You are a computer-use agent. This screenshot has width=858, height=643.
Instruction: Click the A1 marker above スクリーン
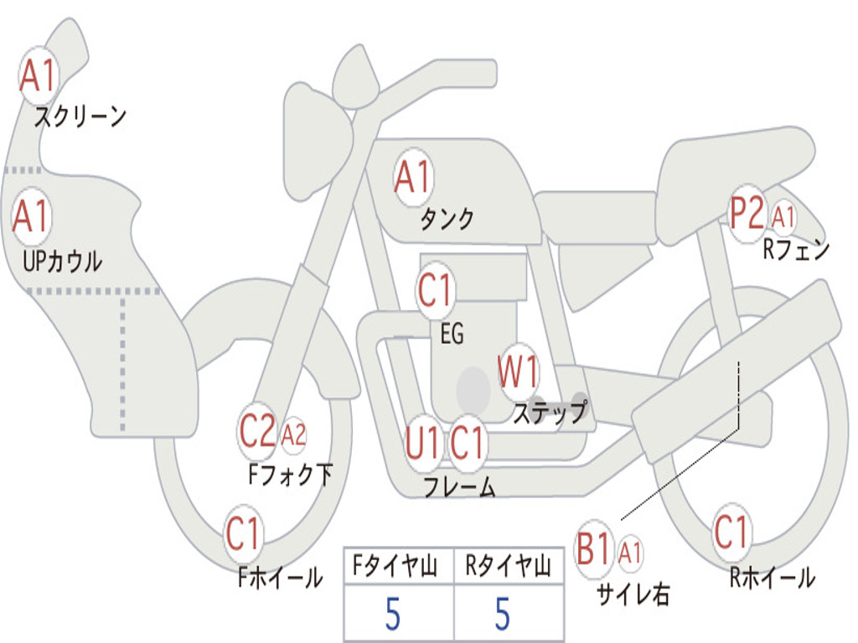(x=37, y=76)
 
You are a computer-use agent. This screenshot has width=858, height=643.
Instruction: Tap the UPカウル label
(x=62, y=261)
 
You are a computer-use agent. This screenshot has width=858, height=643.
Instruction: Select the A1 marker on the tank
(x=412, y=177)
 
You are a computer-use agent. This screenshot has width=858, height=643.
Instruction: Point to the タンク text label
(x=447, y=219)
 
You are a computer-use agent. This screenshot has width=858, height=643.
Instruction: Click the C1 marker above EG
(x=435, y=291)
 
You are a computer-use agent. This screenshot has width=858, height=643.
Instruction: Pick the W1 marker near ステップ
(x=518, y=372)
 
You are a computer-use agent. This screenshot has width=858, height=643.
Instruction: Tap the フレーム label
(x=458, y=487)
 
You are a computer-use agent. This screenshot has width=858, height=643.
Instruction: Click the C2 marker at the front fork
(x=257, y=432)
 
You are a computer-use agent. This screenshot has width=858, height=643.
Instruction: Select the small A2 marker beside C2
(x=293, y=435)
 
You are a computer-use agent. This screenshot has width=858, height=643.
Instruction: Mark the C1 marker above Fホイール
(x=244, y=534)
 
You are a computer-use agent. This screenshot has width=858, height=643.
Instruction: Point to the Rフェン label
(x=795, y=249)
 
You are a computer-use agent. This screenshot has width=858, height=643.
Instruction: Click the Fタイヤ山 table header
(x=397, y=568)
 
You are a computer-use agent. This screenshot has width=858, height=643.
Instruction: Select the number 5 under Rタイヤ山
(x=502, y=615)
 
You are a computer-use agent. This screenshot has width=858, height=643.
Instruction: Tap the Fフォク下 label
(x=290, y=475)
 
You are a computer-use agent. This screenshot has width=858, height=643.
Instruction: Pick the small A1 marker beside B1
(x=630, y=553)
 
